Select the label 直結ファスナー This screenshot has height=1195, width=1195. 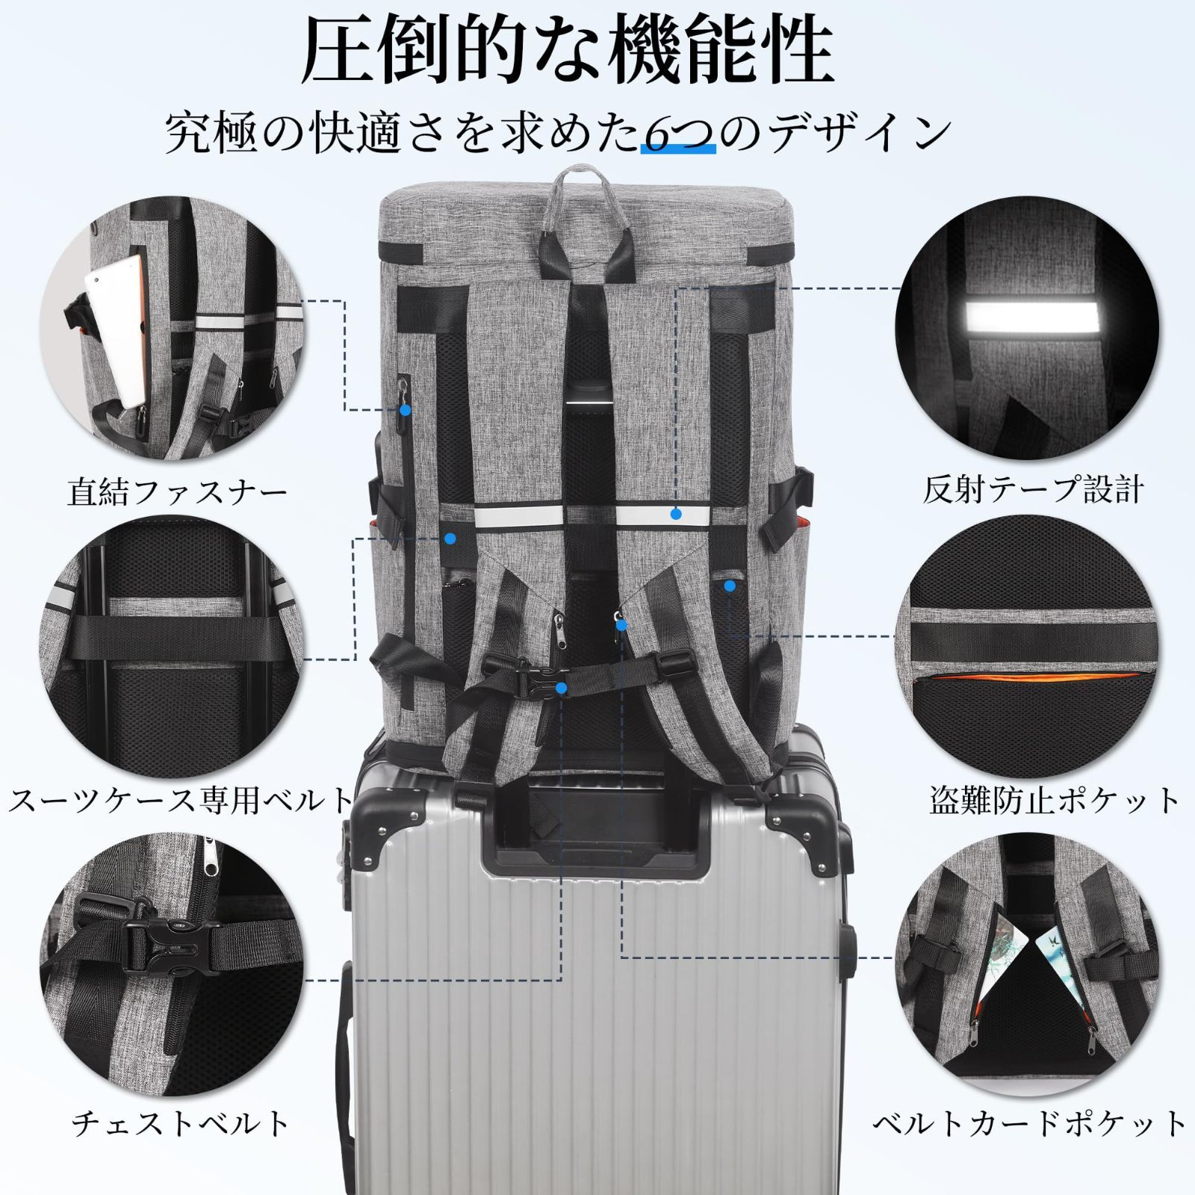pos(177,493)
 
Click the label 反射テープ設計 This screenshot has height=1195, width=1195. pos(1033,491)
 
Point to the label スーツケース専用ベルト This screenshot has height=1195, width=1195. pos(179,800)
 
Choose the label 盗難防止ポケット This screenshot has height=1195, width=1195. pos(1054,800)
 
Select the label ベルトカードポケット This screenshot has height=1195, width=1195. pos(1030,1123)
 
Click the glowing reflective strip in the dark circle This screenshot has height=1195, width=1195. pos(1031,314)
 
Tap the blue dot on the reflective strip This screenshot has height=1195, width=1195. pos(676,514)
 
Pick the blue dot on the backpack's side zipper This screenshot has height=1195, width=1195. pos(405,409)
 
